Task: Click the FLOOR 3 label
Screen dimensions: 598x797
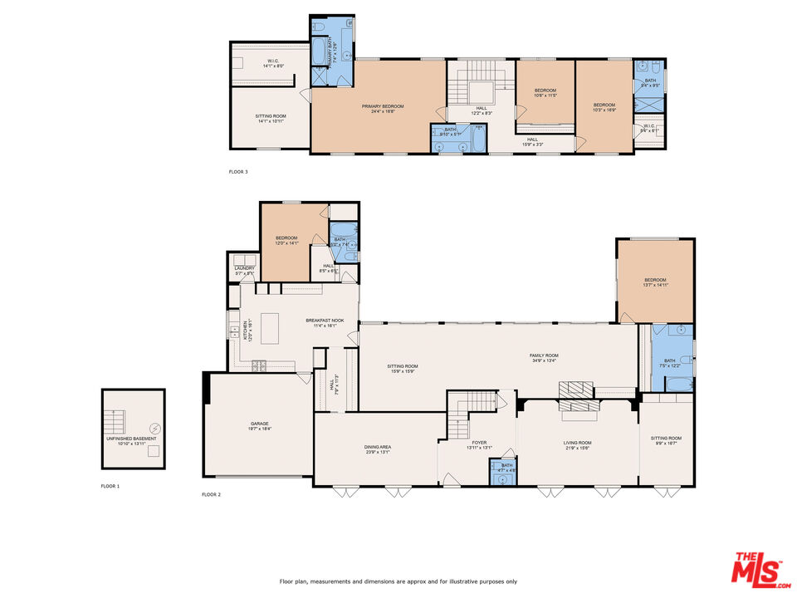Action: pos(238,172)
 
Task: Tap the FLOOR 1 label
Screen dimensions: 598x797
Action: pos(110,485)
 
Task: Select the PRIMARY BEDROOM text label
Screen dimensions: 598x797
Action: pos(382,106)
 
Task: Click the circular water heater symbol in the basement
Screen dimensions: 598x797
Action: pos(153,429)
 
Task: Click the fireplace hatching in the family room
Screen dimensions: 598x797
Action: pos(576,390)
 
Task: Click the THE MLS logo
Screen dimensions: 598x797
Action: pos(756,568)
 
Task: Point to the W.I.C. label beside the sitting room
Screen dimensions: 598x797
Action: pos(273,61)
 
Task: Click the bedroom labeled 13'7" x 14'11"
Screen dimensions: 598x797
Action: pos(655,282)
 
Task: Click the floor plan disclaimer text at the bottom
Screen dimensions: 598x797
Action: pos(398,581)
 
